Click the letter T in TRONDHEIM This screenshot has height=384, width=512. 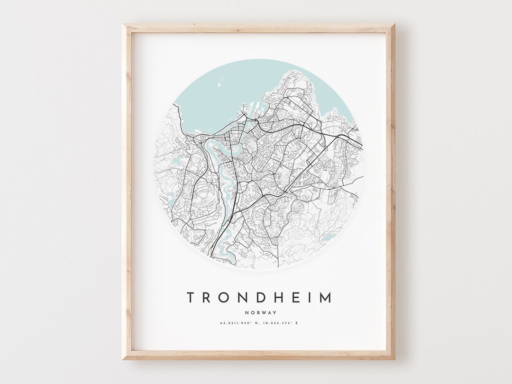pos(191,298)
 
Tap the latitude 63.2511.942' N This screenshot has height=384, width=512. pos(237,323)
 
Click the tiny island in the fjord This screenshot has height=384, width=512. pos(220,85)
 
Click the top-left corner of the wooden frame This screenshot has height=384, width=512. pos(124,25)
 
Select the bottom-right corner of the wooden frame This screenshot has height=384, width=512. pos(393,358)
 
